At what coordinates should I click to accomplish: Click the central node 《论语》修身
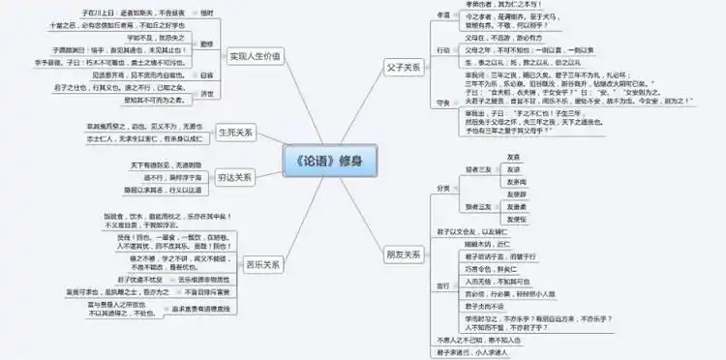click(x=335, y=159)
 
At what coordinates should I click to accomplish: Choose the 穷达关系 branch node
click(x=235, y=177)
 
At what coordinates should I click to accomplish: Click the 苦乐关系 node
click(x=263, y=263)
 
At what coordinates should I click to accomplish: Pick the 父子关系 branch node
click(x=400, y=67)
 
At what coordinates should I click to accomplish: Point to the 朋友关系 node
click(x=403, y=254)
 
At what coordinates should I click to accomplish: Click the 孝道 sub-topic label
click(x=443, y=15)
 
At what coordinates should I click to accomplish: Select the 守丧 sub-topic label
click(x=443, y=101)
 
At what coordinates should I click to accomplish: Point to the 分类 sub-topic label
click(x=443, y=187)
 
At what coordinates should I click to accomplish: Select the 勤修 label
click(x=205, y=45)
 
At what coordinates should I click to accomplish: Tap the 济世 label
click(x=206, y=93)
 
